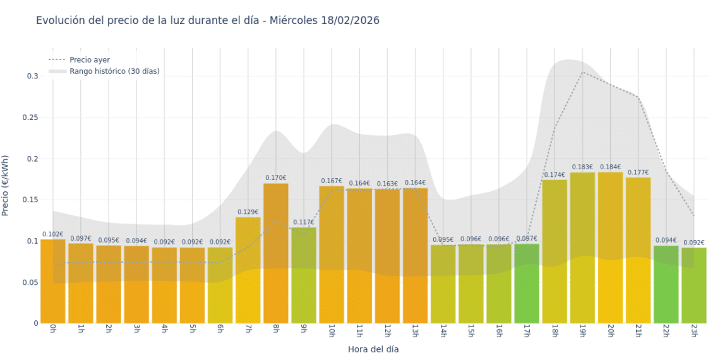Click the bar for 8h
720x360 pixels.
tap(276, 253)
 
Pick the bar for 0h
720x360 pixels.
tap(53, 281)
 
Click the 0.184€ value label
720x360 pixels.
tap(610, 167)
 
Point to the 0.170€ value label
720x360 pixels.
tap(276, 178)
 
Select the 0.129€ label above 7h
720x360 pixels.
tap(248, 212)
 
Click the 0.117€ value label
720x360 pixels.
tap(304, 222)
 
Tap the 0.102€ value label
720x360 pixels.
tap(53, 234)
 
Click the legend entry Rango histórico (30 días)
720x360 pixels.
tap(114, 71)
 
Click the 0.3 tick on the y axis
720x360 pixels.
tap(32, 76)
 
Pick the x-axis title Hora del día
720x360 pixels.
tap(373, 349)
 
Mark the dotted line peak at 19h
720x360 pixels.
tap(582, 72)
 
